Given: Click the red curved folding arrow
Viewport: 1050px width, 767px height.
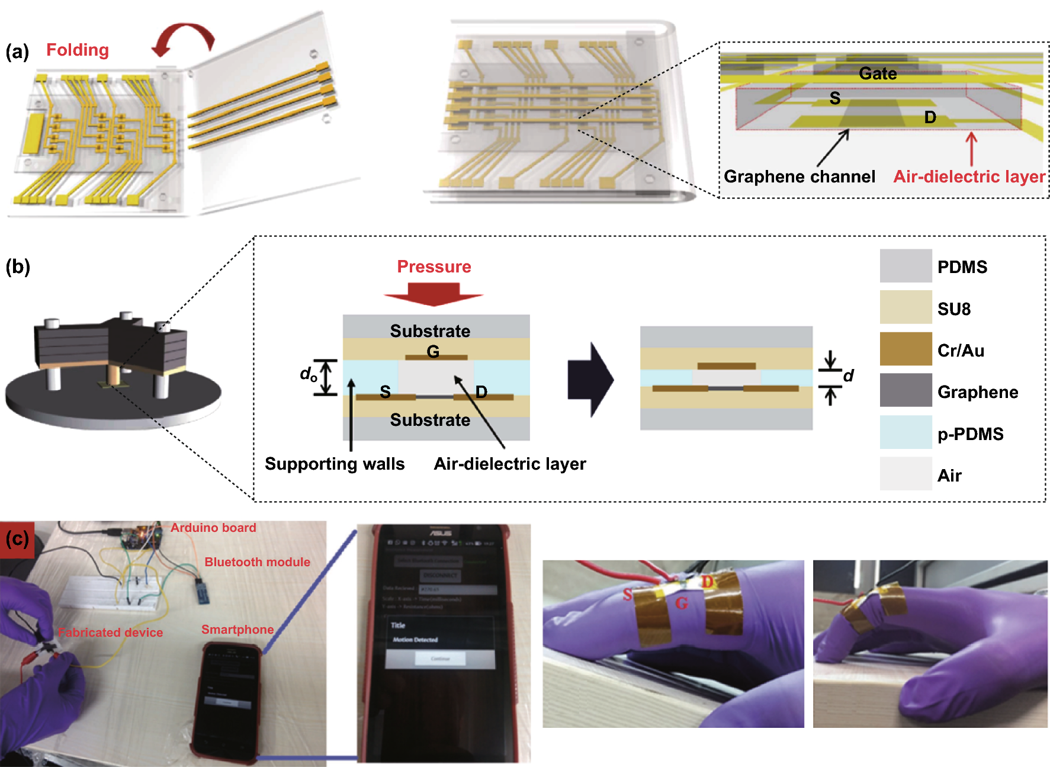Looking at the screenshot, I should click(x=184, y=36).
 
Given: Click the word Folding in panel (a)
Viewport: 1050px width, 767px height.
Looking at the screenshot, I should click(x=78, y=50).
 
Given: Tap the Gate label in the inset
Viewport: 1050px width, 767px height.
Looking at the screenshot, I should click(x=878, y=73).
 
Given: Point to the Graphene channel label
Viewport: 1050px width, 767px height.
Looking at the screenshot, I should click(x=799, y=176).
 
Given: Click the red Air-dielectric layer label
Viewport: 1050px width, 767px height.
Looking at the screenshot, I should click(x=969, y=176).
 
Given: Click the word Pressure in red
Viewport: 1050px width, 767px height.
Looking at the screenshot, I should click(x=434, y=267).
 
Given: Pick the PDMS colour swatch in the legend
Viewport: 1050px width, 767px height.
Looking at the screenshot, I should click(x=905, y=266).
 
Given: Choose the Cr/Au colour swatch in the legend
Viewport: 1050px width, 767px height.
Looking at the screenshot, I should click(x=905, y=349).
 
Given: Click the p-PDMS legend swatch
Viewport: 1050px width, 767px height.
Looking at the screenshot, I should click(x=905, y=432).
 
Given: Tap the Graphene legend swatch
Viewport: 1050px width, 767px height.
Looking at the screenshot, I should click(x=905, y=391).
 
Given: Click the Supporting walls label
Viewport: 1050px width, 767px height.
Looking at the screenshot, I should click(x=335, y=464).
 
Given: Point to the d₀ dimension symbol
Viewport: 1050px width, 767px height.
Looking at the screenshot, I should click(x=309, y=374).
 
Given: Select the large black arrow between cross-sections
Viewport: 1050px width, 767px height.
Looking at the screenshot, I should click(x=590, y=380).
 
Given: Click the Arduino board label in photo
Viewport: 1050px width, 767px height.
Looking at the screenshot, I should click(x=213, y=528).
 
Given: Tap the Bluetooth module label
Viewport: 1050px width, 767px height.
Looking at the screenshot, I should click(x=257, y=562).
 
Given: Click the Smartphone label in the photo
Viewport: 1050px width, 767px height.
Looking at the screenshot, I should click(x=237, y=630).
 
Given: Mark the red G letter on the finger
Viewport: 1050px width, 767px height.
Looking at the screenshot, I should click(x=682, y=604).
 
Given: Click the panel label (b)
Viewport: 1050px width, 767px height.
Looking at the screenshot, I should click(x=18, y=267).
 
